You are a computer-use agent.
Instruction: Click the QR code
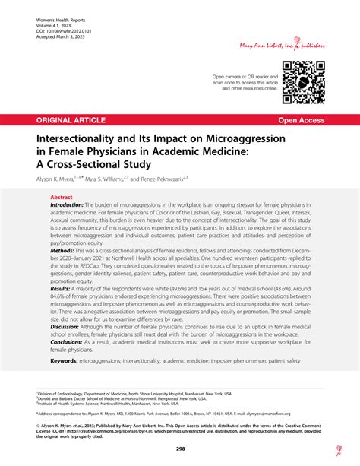pyautogui.click(x=303, y=82)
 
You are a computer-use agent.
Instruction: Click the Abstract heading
pyautogui.click(x=64, y=196)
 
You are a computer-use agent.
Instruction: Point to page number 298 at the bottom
pyautogui.click(x=180, y=449)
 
